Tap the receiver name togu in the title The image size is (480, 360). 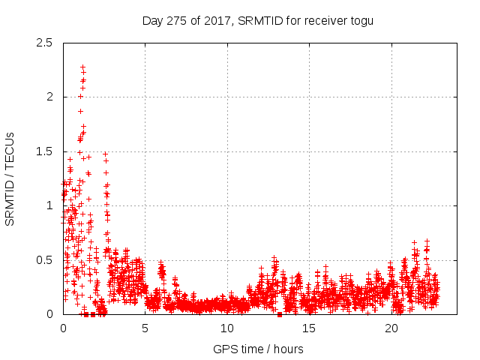pos(360,20)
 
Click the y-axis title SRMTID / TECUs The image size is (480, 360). pos(10,178)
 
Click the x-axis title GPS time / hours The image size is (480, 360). pos(258,349)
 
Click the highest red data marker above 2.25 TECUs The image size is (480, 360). pos(82,67)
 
